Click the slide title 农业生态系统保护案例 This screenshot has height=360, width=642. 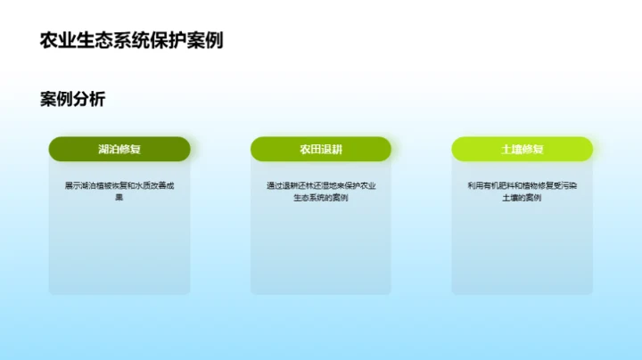tap(131, 40)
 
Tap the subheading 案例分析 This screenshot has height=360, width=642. tap(72, 99)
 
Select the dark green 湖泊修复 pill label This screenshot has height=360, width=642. tap(119, 149)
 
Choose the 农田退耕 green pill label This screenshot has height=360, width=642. tap(321, 149)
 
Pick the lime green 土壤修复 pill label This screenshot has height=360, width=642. tap(523, 149)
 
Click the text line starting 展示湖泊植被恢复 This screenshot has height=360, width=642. tap(119, 185)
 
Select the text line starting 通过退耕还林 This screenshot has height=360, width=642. tap(321, 185)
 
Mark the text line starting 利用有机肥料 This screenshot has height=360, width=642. tap(523, 185)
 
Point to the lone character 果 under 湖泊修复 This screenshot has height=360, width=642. tap(119, 197)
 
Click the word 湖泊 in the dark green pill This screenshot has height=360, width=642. tap(109, 149)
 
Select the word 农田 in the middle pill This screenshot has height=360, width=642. tap(310, 149)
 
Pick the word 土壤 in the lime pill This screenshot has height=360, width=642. tap(512, 149)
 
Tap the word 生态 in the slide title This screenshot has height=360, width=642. tap(95, 40)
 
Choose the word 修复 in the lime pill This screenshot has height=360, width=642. tap(533, 149)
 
